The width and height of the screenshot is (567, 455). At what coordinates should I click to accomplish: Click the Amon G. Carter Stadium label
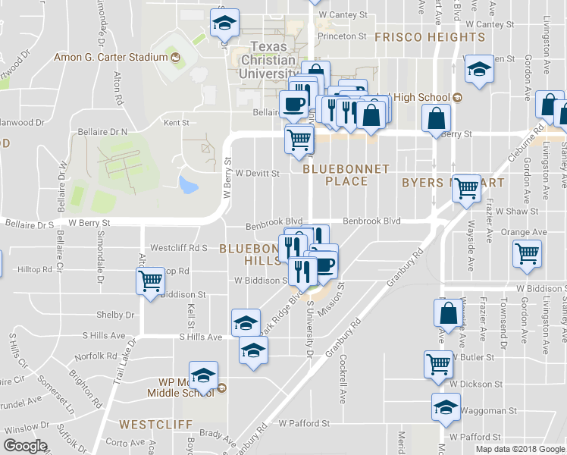click(110, 57)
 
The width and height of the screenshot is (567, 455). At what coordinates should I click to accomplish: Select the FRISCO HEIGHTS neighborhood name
click(429, 36)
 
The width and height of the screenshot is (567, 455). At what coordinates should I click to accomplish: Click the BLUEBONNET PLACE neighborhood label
click(346, 174)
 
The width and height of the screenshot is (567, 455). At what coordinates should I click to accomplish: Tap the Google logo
click(25, 446)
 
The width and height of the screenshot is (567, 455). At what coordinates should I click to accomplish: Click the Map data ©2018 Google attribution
click(520, 448)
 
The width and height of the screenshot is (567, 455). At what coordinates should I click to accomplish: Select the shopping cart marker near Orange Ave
click(528, 256)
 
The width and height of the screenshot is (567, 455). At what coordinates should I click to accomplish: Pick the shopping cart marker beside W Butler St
click(438, 364)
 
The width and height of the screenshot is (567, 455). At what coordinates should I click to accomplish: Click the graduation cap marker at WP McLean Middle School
click(203, 375)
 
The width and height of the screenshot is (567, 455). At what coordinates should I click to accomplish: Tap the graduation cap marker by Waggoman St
click(446, 406)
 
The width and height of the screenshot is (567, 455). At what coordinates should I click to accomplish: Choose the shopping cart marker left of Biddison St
click(150, 282)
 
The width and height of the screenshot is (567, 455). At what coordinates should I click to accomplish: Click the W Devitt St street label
click(257, 173)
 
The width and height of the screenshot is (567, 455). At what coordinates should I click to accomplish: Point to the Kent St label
click(176, 122)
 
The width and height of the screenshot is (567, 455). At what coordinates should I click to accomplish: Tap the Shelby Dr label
click(115, 315)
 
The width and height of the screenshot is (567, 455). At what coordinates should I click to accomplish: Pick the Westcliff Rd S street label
click(179, 248)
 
